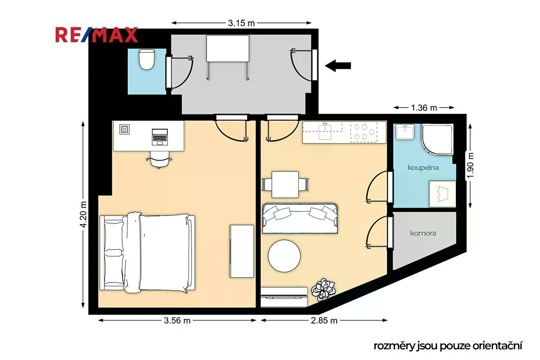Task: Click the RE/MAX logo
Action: coord(96,35)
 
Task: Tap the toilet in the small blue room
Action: coord(147,59)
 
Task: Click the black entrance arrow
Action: coord(338,66)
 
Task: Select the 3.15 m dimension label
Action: coord(241,23)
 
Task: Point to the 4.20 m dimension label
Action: coord(83,215)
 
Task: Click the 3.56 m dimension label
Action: coord(177,320)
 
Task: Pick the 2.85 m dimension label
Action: coord(324,320)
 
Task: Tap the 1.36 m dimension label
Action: coord(424,108)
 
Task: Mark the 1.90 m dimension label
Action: coord(471,166)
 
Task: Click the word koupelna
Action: coord(423,167)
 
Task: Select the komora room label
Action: coord(423,233)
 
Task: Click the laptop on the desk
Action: coord(160,137)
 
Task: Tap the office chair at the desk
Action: coord(159,159)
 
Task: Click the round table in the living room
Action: coord(284,256)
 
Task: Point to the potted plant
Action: coord(323,290)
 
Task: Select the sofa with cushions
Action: coord(300,218)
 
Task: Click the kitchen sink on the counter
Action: coord(325,131)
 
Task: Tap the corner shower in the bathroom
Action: coord(437,139)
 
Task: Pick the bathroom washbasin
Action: coord(405,132)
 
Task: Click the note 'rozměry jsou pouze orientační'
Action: coord(448,346)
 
